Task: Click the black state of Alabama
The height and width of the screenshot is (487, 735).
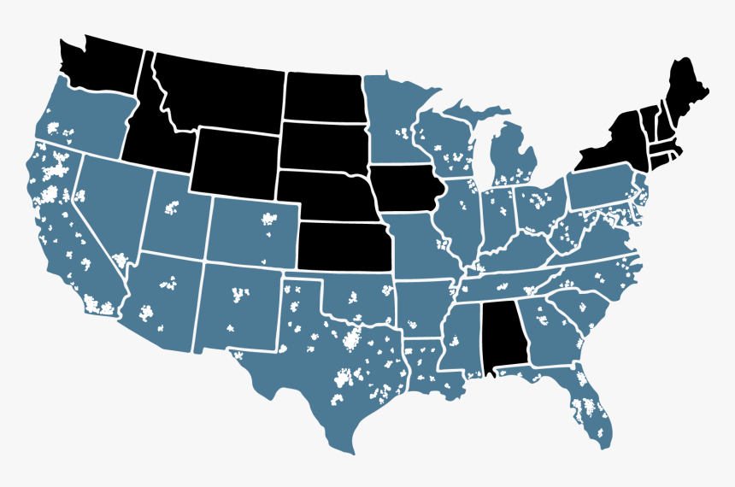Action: click(505, 337)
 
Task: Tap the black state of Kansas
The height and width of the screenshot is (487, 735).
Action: click(344, 245)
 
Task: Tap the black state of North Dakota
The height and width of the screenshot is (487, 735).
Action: click(324, 96)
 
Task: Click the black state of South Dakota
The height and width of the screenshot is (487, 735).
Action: click(323, 145)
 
